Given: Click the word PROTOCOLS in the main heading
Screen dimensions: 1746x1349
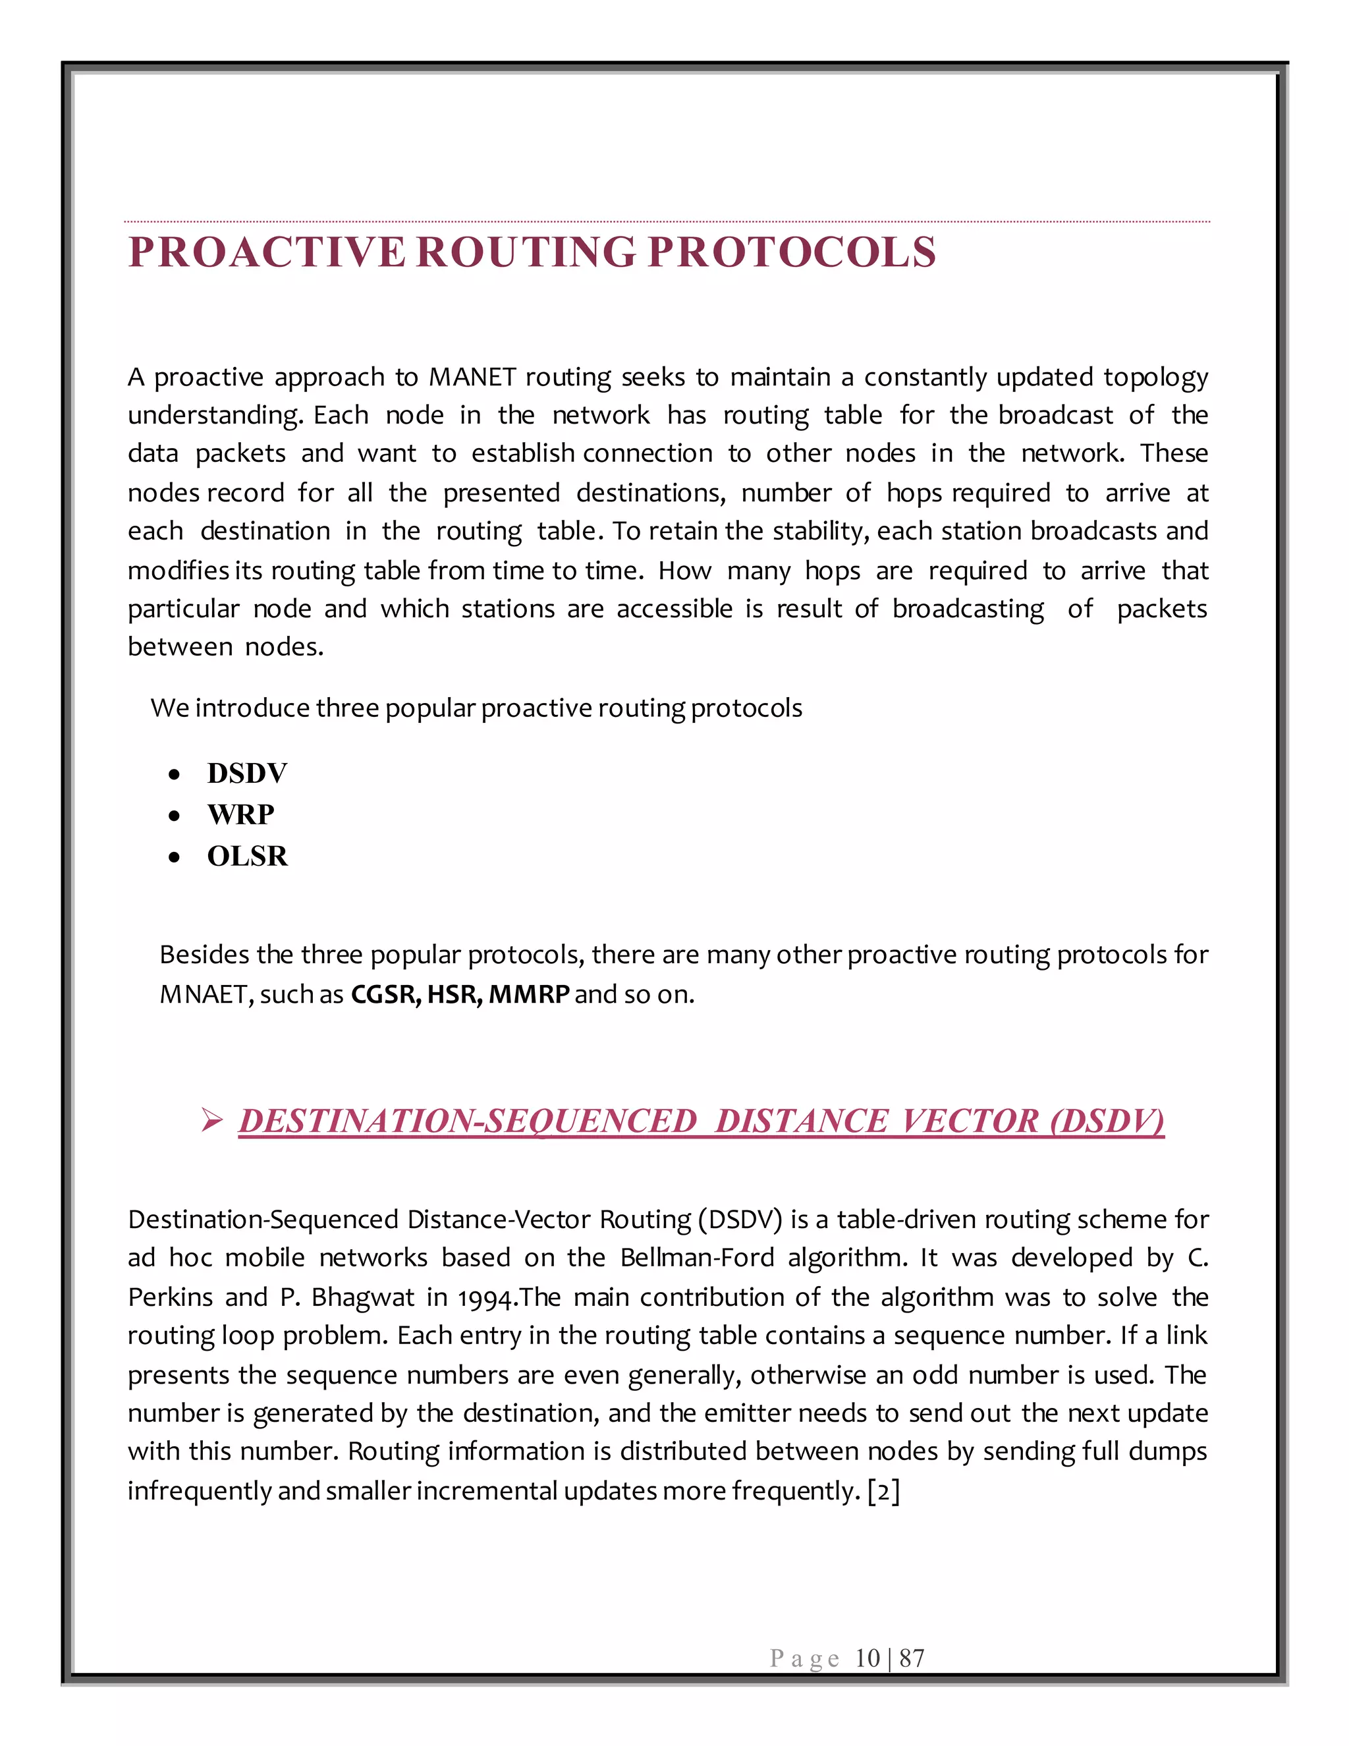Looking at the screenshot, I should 791,252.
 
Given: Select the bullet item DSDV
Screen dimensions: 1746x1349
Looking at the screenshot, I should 247,773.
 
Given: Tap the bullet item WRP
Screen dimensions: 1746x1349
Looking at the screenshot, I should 240,814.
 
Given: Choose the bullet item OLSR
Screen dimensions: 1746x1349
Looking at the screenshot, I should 247,857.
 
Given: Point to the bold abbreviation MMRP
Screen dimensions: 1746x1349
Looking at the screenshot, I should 529,994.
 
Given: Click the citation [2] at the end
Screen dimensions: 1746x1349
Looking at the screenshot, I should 884,1491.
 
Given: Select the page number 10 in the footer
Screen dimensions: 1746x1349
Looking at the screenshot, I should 867,1658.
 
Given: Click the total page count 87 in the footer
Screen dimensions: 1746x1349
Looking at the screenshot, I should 912,1658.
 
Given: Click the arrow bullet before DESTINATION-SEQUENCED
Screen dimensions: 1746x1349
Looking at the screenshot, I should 212,1121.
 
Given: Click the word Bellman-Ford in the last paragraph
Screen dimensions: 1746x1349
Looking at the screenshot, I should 697,1258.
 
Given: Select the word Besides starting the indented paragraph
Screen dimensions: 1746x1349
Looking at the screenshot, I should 203,955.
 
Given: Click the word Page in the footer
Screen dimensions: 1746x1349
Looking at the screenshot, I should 804,1658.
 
